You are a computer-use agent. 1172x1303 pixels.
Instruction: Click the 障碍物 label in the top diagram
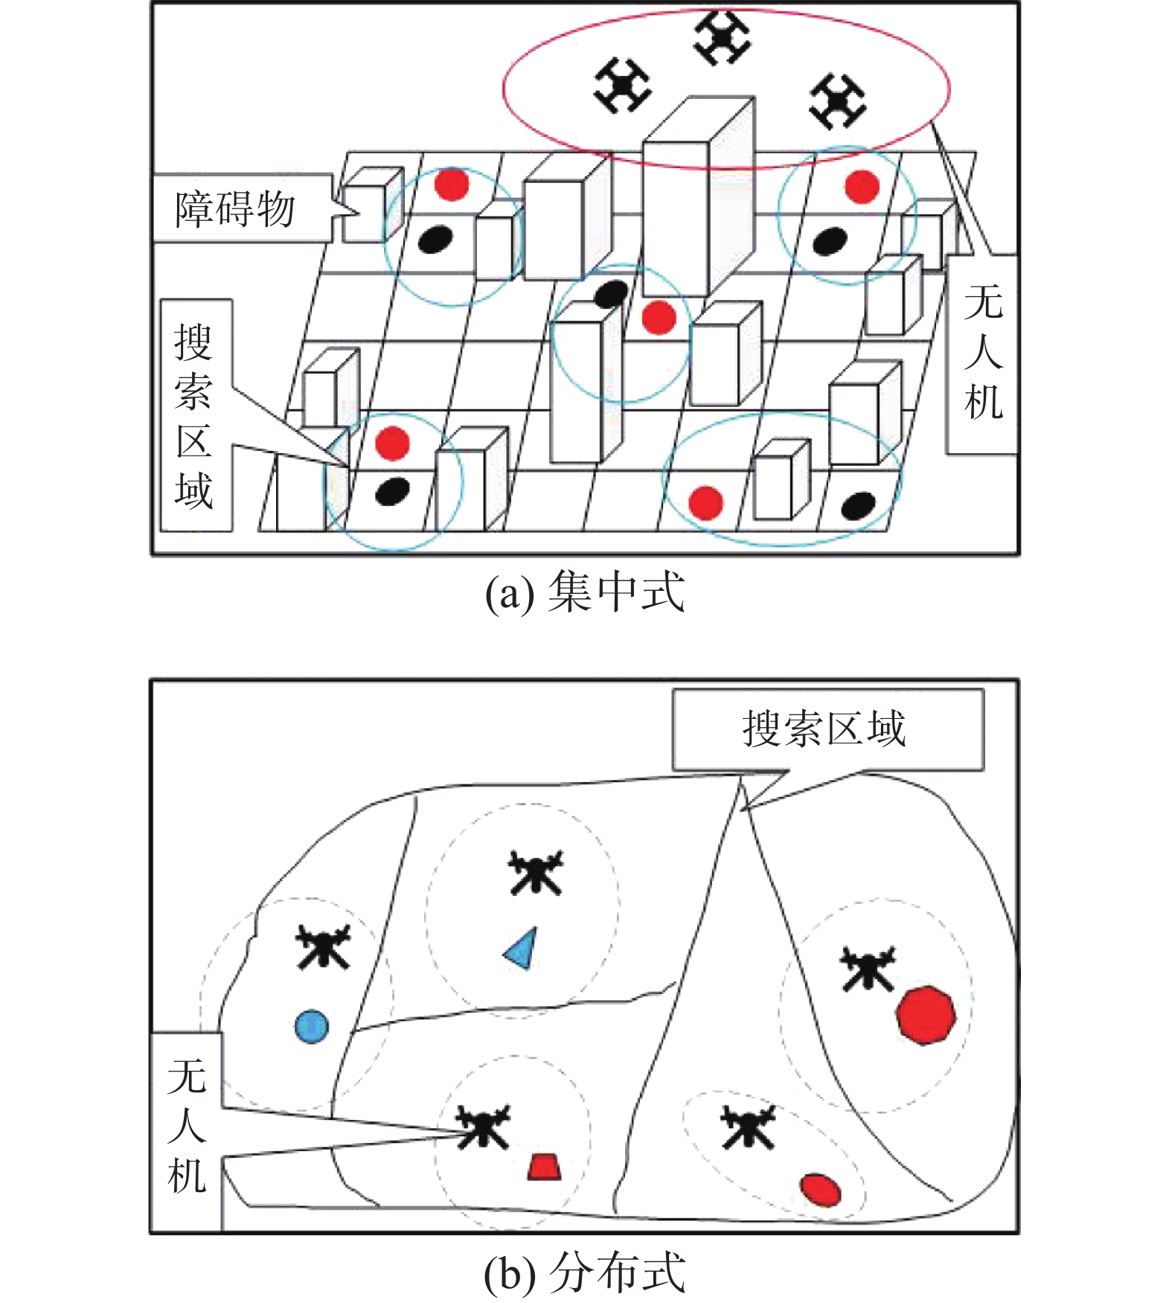coord(235,209)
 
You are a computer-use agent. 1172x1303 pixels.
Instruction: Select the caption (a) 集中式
coord(585,593)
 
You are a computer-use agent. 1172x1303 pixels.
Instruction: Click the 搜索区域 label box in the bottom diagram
coord(826,729)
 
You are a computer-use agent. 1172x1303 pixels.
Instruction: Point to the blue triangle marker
coord(522,949)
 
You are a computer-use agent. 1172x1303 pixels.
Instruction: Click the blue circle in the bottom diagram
coord(312,1026)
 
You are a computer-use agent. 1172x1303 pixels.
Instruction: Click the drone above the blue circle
coord(323,946)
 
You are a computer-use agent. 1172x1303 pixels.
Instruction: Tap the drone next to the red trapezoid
coord(483,1127)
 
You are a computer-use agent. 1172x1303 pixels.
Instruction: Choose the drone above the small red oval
coord(749,1125)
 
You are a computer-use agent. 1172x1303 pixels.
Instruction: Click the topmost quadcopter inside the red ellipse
coord(722,36)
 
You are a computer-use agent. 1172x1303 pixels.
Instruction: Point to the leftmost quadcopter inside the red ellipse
coord(623,86)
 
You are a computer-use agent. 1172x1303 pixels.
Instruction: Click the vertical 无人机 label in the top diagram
coord(982,354)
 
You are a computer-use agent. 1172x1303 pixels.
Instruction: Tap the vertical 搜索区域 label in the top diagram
coord(195,415)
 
